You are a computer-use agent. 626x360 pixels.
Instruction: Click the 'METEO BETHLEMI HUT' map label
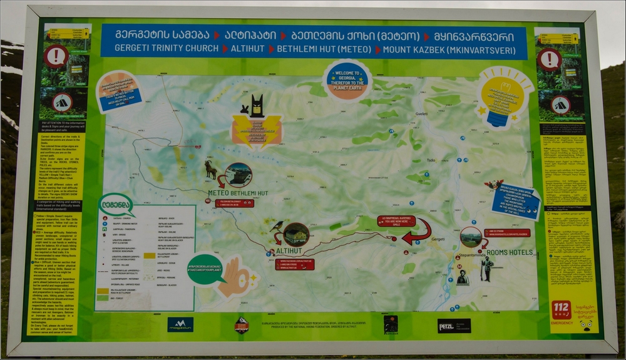point(238,193)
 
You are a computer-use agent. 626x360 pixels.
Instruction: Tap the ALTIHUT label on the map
point(289,251)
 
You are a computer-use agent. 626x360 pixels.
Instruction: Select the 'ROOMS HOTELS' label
point(508,252)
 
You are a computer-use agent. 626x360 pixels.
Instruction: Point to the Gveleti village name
point(421,114)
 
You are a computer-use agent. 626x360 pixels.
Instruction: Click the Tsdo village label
point(431,160)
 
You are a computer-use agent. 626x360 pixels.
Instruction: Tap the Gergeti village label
point(438,239)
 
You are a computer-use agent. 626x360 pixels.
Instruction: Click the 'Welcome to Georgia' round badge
point(347,79)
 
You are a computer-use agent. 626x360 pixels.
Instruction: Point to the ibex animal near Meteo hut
point(211,169)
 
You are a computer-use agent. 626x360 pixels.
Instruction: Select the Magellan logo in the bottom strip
point(180,324)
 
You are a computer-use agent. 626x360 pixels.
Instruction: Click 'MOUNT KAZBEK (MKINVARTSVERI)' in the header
point(453,49)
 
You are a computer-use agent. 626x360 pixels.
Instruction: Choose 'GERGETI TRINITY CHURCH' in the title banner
point(159,49)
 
